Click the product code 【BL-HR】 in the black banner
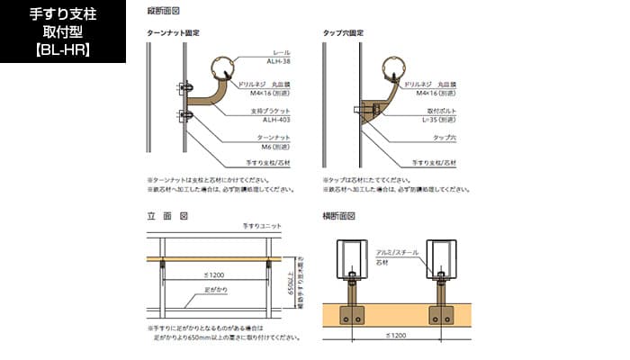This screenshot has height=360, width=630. (x=62, y=49)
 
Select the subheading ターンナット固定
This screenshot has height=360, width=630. (x=173, y=32)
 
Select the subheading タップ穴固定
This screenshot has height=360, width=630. (x=343, y=32)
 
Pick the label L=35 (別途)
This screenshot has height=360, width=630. (x=436, y=119)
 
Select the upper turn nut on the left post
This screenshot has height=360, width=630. (x=184, y=88)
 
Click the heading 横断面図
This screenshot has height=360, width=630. (x=339, y=216)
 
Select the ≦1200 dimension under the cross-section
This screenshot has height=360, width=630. (x=393, y=333)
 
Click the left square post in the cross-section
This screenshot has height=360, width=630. (x=351, y=261)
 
